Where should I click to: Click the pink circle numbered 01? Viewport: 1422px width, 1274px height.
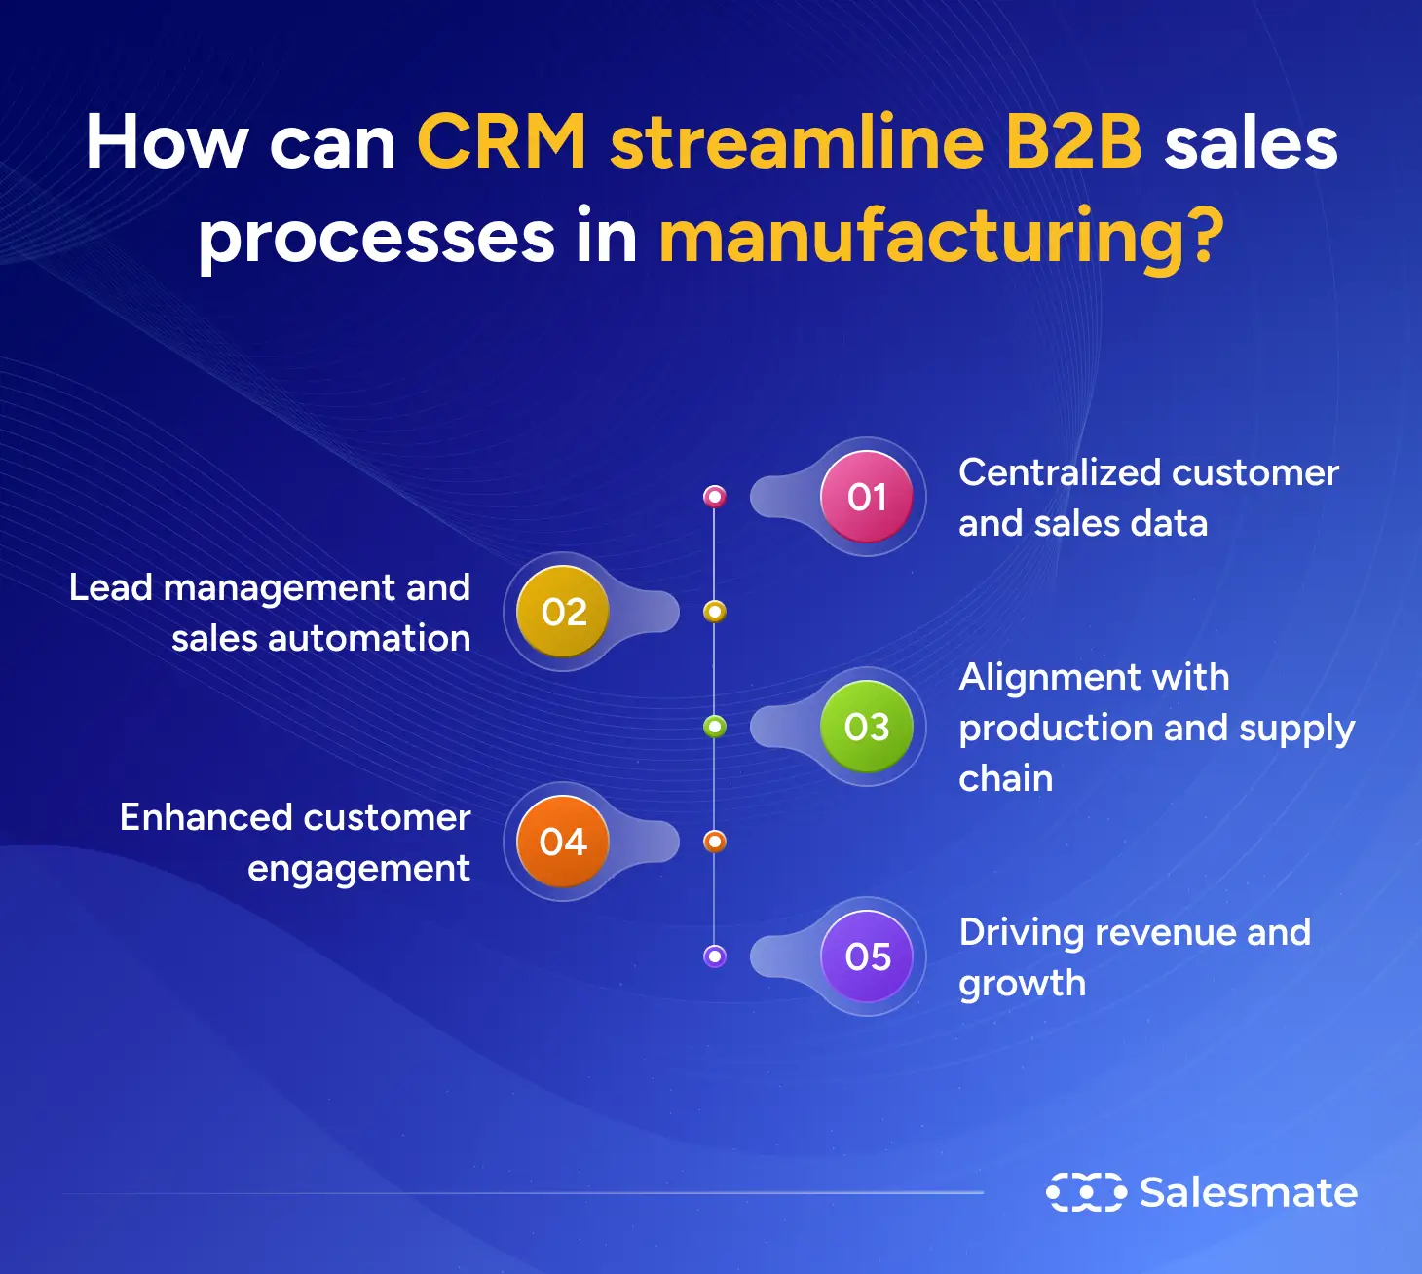pyautogui.click(x=867, y=497)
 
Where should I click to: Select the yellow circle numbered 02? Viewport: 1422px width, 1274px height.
pyautogui.click(x=563, y=612)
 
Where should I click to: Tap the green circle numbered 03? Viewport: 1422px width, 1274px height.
pyautogui.click(x=867, y=727)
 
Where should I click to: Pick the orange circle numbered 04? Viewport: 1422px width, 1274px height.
pyautogui.click(x=563, y=842)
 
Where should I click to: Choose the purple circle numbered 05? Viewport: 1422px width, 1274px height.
pyautogui.click(x=867, y=956)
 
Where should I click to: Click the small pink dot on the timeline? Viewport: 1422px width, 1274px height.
pyautogui.click(x=715, y=497)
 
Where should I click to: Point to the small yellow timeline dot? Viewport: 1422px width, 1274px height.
pyautogui.click(x=715, y=612)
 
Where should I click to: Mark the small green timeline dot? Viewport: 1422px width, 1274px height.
pyautogui.click(x=715, y=727)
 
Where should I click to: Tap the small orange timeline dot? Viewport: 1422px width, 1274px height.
pyautogui.click(x=715, y=842)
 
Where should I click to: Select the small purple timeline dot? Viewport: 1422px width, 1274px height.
pyautogui.click(x=715, y=956)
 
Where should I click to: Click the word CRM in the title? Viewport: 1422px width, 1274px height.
pyautogui.click(x=502, y=142)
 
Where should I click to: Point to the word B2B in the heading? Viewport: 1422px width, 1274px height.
pyautogui.click(x=1073, y=142)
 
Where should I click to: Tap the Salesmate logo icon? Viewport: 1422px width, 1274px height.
pyautogui.click(x=1085, y=1192)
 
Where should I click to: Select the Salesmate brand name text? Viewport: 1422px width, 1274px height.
pyautogui.click(x=1249, y=1192)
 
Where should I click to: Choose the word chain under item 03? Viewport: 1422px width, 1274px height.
pyautogui.click(x=1005, y=779)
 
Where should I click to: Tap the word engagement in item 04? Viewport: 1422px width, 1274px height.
pyautogui.click(x=358, y=869)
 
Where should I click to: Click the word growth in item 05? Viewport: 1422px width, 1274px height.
pyautogui.click(x=1022, y=984)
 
